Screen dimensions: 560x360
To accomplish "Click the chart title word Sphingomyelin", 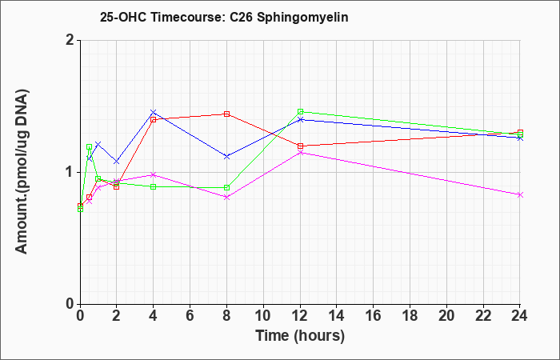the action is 302,17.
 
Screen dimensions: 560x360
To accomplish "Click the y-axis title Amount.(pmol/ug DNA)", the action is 22,171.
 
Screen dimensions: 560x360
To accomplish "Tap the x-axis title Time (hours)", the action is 300,336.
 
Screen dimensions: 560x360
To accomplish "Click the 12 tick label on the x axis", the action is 300,316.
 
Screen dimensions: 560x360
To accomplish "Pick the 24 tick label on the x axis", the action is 520,316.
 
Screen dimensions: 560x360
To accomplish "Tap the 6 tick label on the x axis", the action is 190,316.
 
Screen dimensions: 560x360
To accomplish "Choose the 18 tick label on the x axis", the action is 410,316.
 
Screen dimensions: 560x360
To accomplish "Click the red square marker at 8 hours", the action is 226,114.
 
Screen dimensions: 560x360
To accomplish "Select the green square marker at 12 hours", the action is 300,111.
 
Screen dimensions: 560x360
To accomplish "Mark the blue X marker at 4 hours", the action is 154,112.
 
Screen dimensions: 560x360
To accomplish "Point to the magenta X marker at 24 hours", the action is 520,194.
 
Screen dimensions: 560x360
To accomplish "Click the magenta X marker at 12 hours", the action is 300,153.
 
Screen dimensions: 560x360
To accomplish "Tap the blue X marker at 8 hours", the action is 226,157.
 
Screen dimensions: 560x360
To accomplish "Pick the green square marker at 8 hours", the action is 226,187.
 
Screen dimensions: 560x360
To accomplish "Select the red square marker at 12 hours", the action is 300,146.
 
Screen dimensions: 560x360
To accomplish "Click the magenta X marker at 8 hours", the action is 226,197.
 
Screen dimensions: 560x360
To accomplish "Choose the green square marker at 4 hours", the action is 154,186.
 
